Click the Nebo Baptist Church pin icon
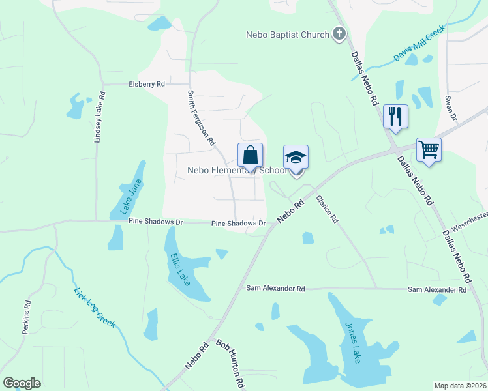(x=339, y=34)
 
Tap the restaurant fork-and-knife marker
(x=395, y=116)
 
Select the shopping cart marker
(x=429, y=149)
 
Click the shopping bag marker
(x=250, y=156)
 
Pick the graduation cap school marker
(x=296, y=158)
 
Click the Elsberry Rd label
(x=147, y=84)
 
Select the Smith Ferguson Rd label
(x=201, y=117)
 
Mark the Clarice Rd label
(x=327, y=209)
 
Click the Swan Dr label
(x=449, y=107)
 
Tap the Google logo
(x=22, y=383)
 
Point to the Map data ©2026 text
(x=461, y=386)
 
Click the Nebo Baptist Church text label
(x=287, y=35)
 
